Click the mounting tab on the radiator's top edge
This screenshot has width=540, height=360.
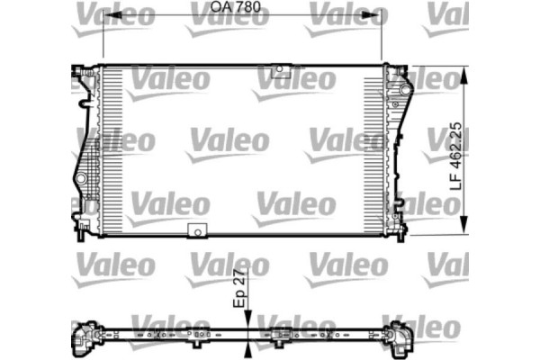(x=280, y=70)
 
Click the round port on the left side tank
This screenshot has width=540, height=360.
(x=83, y=180)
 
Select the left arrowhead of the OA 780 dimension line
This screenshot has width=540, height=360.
(x=106, y=18)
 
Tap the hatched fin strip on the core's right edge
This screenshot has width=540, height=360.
(x=373, y=148)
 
